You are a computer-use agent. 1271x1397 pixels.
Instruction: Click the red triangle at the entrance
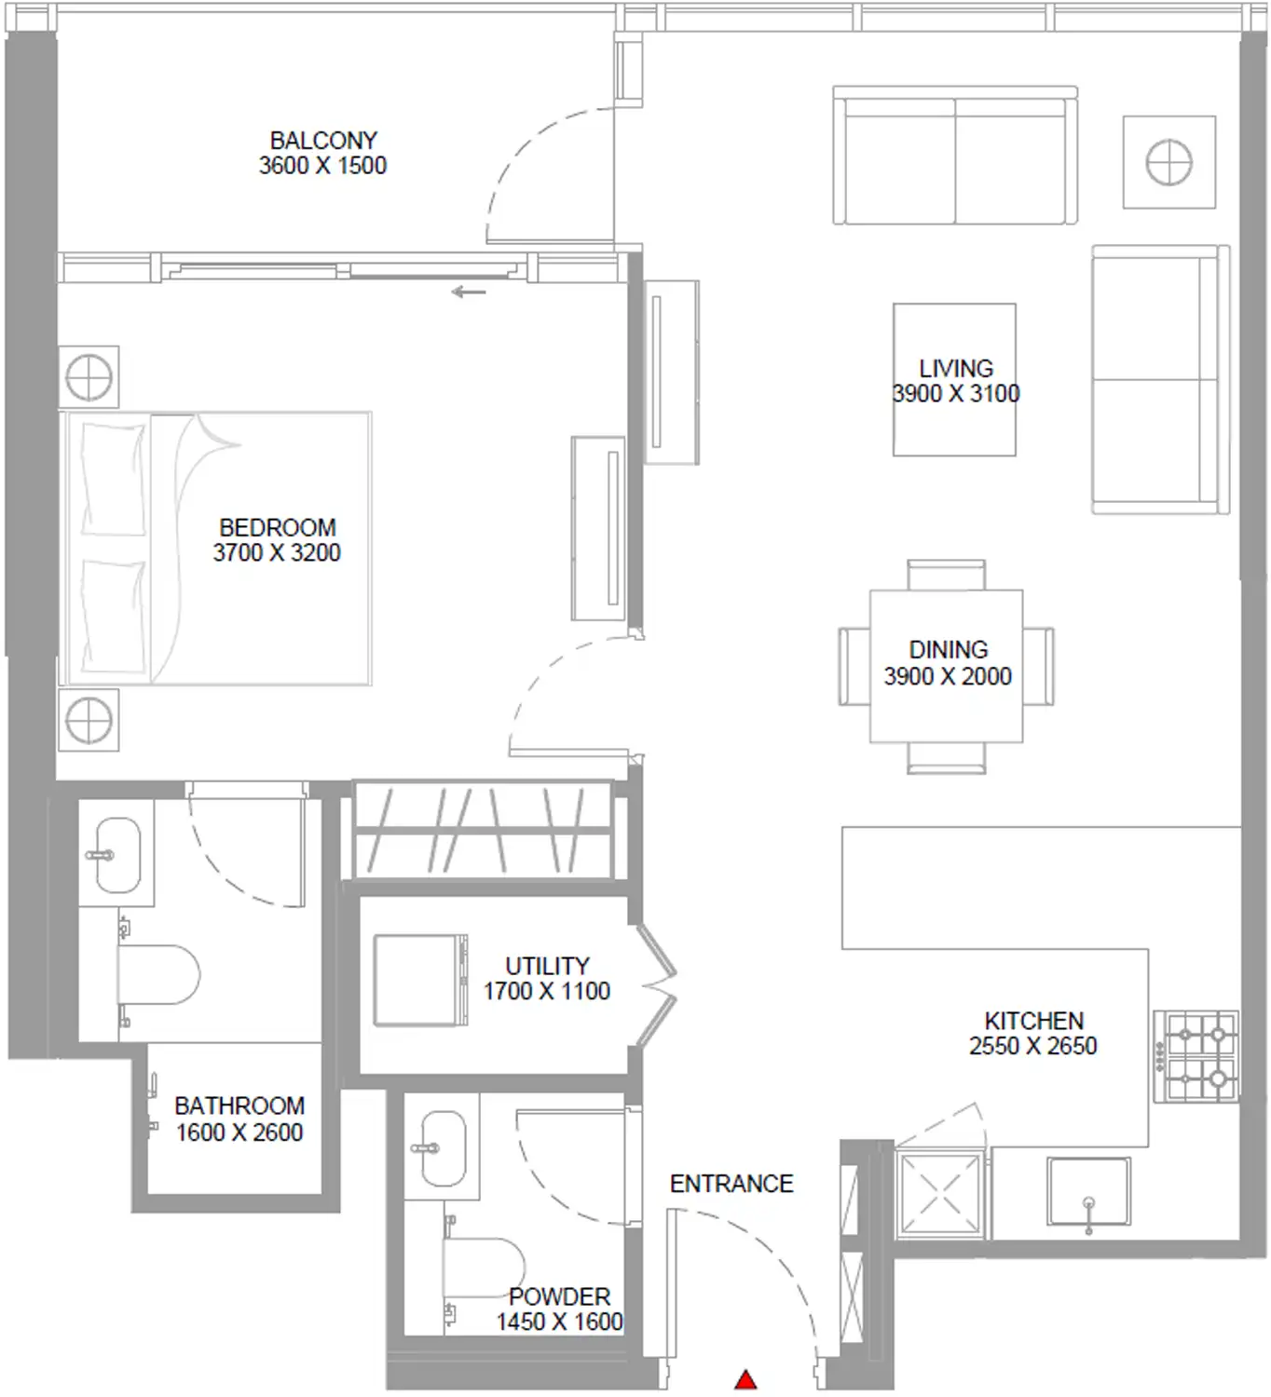pos(745,1379)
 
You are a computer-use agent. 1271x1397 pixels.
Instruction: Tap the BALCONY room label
pos(323,141)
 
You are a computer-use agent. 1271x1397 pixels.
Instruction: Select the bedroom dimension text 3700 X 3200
pos(277,552)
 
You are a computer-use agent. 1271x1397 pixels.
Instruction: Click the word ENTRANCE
pos(731,1183)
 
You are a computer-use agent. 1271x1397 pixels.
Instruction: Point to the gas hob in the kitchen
pos(1196,1056)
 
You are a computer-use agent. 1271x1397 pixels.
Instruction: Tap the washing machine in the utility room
pos(420,981)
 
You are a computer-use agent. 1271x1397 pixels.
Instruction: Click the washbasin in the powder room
pos(444,1149)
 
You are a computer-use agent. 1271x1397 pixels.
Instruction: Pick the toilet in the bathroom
pos(158,974)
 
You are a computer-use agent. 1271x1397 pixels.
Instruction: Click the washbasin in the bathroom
pos(116,854)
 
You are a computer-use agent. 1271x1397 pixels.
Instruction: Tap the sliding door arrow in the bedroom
pos(469,292)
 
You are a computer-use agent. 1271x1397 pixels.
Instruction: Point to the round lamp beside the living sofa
pos(1169,162)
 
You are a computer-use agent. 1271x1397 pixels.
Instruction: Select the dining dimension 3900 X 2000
pos(948,675)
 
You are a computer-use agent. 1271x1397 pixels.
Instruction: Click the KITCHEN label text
pos(1034,1021)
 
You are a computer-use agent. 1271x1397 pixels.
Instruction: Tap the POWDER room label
pos(559,1296)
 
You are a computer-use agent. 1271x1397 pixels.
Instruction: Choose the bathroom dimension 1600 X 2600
pos(239,1133)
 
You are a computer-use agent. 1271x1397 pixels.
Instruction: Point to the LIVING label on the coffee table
pos(956,369)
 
